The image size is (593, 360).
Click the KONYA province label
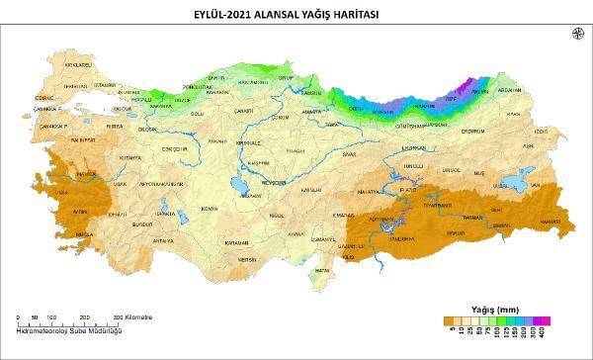coord(209,209)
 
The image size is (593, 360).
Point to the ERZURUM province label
coord(472,132)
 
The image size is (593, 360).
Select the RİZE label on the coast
coord(452,100)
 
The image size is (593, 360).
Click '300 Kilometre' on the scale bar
coord(133,317)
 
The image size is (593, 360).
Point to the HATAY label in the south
coord(319,269)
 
